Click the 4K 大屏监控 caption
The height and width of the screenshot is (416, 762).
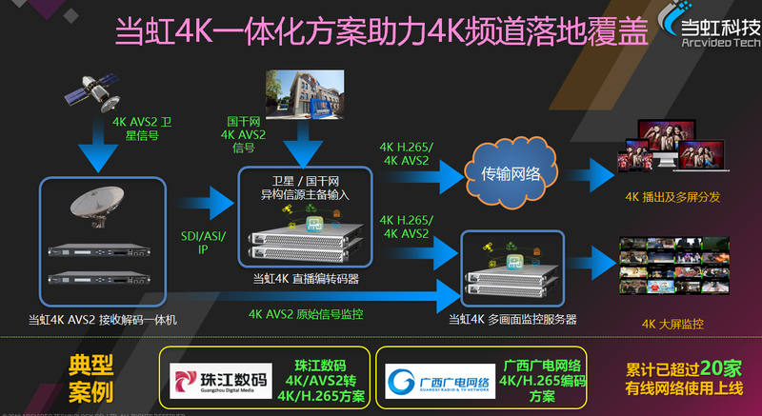tap(673, 324)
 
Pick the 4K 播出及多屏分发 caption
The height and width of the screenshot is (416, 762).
tap(672, 197)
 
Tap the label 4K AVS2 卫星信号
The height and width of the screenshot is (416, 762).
tap(144, 129)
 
